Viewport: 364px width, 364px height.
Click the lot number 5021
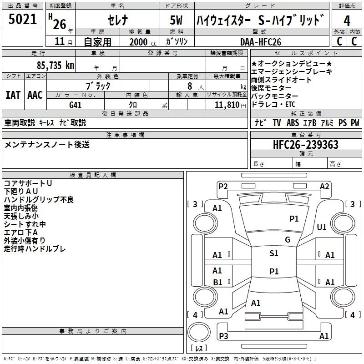coord(22,19)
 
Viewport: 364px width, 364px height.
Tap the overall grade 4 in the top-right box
coord(347,21)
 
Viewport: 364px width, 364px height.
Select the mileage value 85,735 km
coord(55,66)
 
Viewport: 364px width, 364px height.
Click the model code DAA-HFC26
coord(261,42)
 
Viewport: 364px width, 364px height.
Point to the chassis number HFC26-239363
coord(306,145)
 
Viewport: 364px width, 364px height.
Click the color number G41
coord(75,105)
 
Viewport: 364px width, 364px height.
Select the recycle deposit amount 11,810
coord(227,105)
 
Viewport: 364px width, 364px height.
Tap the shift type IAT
coord(13,95)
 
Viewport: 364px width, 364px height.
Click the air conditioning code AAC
coord(35,95)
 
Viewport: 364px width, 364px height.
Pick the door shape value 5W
coord(177,20)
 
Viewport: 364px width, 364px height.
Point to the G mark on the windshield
coord(288,240)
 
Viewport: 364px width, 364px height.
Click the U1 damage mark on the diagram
coord(322,227)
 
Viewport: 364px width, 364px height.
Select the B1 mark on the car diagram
coord(218,282)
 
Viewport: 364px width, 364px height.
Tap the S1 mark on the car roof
coord(274,253)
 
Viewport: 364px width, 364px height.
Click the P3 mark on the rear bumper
coord(223,336)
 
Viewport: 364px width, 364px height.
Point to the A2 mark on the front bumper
coord(324,187)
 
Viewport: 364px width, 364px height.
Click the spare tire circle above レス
coord(199,332)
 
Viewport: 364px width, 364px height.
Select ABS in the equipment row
coord(293,123)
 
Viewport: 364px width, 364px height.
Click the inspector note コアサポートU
coord(28,183)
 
